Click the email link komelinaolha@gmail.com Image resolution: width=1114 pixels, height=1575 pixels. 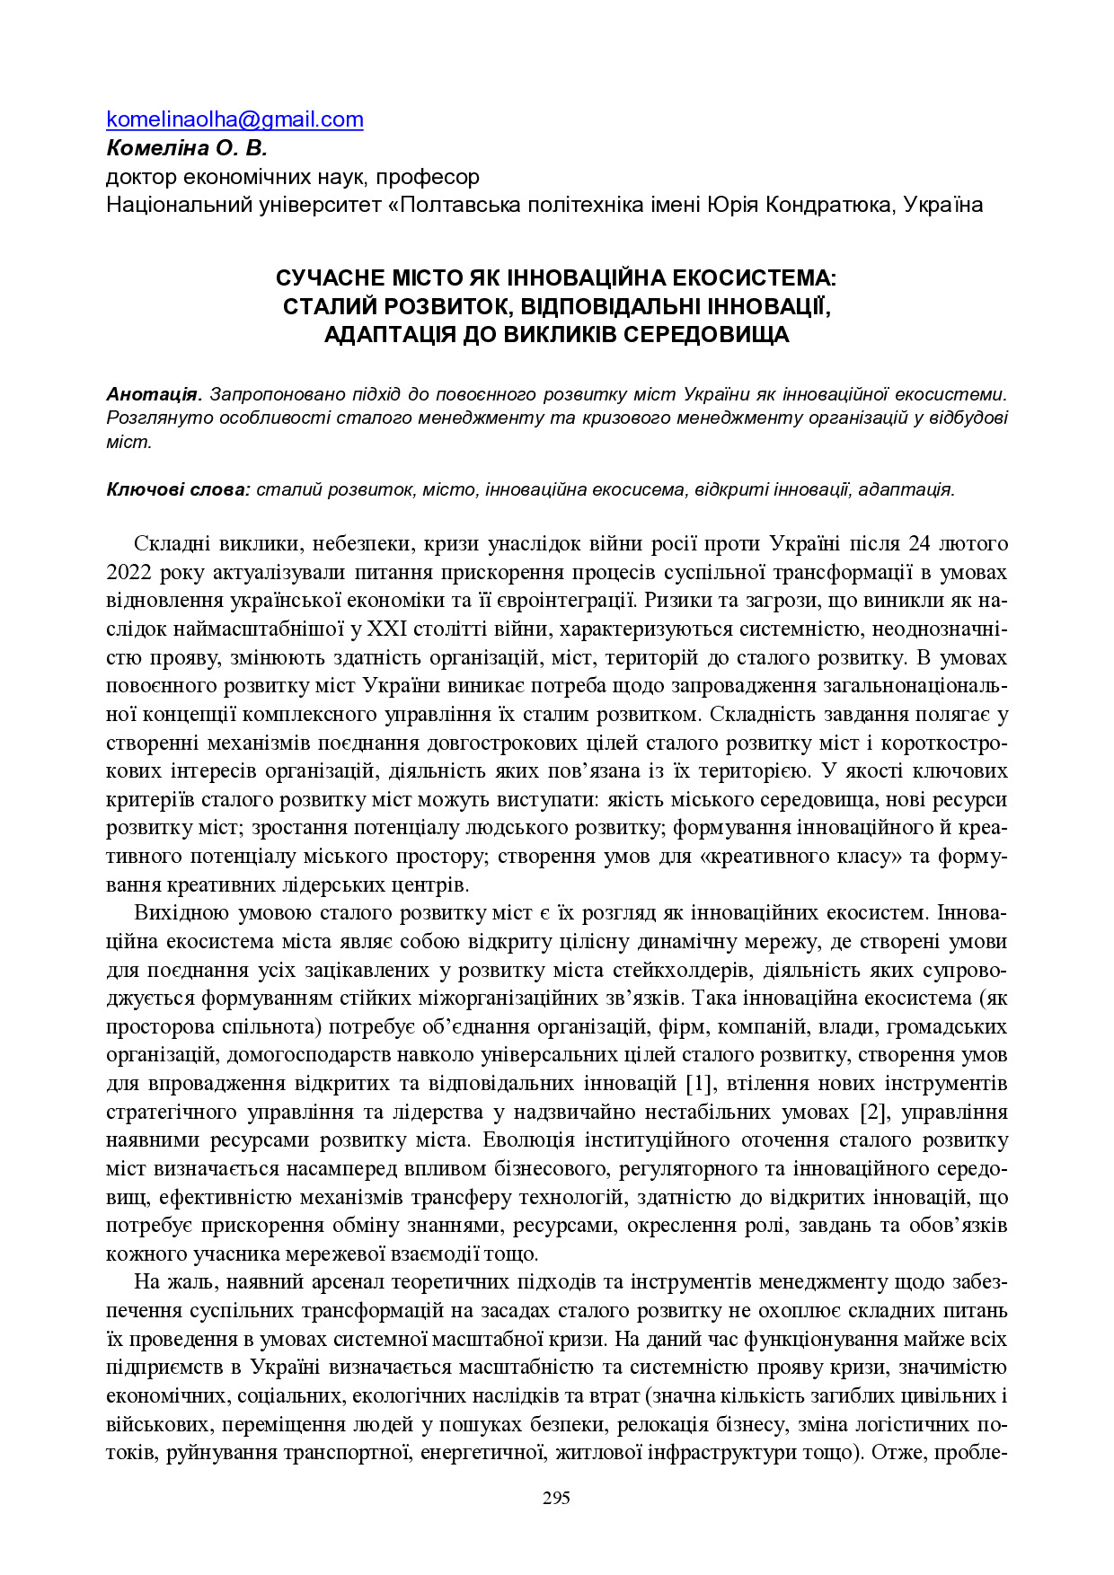(234, 119)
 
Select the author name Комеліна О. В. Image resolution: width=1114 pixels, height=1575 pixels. (187, 147)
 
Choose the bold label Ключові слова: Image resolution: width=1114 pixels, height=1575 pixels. (178, 489)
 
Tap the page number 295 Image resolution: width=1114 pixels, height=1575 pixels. (556, 1498)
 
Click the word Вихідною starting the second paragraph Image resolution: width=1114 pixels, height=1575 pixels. (179, 913)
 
